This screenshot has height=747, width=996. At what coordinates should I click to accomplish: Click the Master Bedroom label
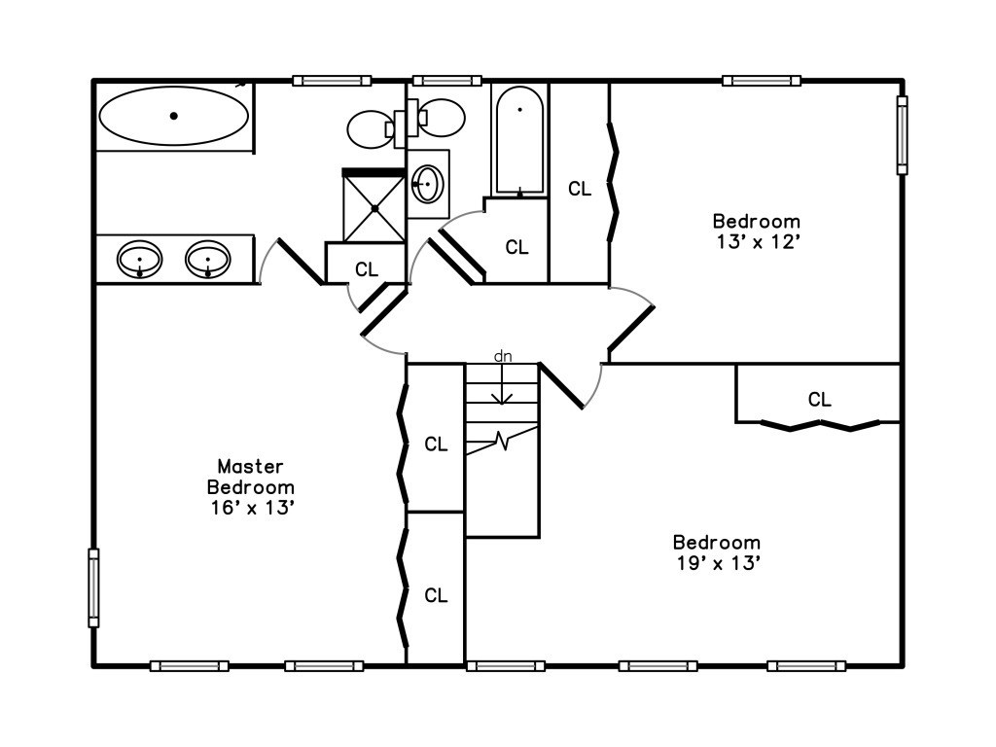coord(251,477)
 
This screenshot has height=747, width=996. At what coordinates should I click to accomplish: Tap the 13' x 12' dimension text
coord(756,242)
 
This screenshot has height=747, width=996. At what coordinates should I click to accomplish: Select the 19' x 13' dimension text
coord(717,563)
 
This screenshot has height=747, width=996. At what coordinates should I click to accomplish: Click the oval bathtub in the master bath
coord(174,117)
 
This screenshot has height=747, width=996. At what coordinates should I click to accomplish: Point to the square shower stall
coord(374,206)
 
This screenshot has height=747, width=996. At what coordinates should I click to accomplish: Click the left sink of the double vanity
coord(140,259)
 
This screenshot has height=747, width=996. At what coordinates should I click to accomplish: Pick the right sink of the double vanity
coord(208,259)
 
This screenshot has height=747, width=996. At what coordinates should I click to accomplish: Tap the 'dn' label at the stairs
coord(503,356)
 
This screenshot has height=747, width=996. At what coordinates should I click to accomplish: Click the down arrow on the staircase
coord(503,384)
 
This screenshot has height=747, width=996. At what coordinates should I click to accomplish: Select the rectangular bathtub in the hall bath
coord(519,140)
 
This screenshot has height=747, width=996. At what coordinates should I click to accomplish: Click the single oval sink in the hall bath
coord(428,184)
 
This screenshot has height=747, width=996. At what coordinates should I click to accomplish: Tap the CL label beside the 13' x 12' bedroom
coord(580,189)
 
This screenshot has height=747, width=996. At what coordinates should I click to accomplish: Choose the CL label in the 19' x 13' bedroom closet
coord(819,400)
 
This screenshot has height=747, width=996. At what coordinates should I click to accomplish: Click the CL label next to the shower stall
coord(367,270)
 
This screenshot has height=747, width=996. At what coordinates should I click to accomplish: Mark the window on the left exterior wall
coord(93,588)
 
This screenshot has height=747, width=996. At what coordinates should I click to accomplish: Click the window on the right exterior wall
coord(902,134)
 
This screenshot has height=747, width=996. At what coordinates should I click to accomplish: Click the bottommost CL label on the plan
coord(436,595)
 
